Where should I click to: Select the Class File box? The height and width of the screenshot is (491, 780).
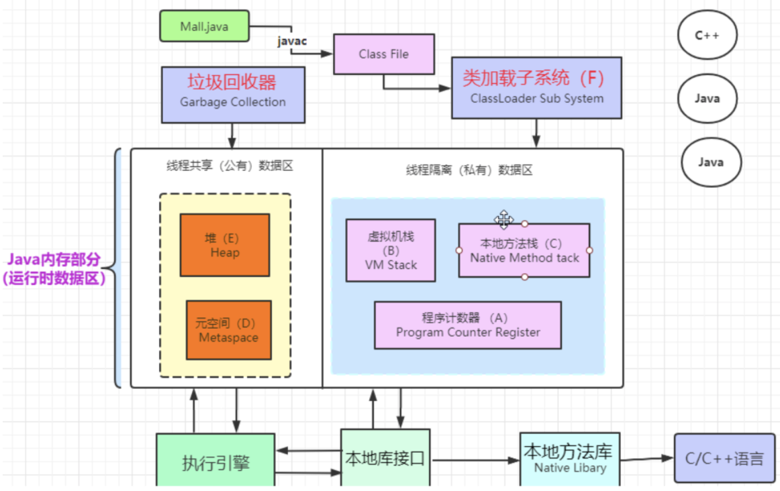coord(383,54)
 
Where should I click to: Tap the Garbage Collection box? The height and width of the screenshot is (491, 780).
coord(232,93)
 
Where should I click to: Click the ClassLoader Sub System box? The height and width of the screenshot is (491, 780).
coord(536,88)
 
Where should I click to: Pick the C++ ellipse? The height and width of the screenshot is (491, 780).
coord(707,36)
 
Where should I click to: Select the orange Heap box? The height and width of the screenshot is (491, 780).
coord(224,245)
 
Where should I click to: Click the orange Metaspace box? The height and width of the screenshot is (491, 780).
coord(228,330)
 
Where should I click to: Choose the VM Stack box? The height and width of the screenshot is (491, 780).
coord(391,250)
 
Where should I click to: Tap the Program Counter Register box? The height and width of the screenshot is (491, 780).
coord(467,325)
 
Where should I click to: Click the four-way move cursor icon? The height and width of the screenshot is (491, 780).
coord(503,219)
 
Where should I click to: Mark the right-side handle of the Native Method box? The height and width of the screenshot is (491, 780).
coord(589,250)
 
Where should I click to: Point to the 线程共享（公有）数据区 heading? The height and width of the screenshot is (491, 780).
coord(230,166)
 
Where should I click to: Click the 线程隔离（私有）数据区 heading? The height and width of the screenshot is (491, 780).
coord(469,170)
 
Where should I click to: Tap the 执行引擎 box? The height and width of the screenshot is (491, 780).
coord(215,461)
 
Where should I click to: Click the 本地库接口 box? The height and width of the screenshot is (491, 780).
coord(385,459)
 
